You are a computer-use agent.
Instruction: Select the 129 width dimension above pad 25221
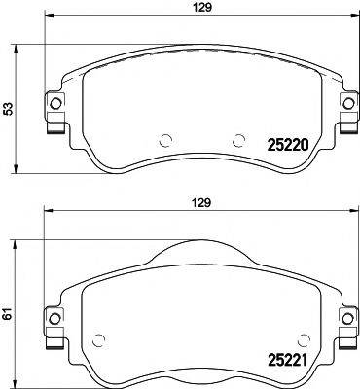201,205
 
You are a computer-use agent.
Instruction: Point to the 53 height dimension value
9,110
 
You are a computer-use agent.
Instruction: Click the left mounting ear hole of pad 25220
55,104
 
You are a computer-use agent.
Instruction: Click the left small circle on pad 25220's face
164,139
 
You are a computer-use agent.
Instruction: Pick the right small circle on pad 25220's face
236,139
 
